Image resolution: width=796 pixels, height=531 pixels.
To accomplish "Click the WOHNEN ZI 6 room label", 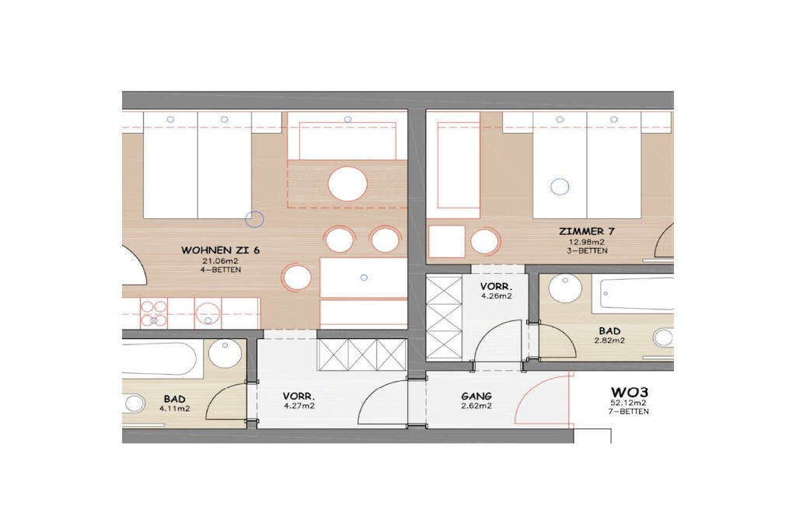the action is point(220,250).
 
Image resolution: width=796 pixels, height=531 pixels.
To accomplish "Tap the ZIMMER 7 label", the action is point(587,232).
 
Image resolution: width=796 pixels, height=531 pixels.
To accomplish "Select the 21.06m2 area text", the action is point(220,261).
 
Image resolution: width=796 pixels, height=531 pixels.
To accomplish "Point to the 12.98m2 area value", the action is point(587,242).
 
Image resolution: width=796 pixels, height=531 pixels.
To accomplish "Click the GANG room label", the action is point(477,396).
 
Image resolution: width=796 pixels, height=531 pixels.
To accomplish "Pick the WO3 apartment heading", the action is point(629,393).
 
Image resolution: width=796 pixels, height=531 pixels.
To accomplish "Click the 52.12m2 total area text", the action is point(629,403).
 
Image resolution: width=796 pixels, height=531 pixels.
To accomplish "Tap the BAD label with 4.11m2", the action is point(174,399).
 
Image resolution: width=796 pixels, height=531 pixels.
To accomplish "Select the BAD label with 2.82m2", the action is point(609,331).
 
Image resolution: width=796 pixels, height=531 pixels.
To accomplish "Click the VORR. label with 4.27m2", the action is point(298,396).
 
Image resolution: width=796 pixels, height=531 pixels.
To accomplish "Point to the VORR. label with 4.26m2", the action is point(496,287).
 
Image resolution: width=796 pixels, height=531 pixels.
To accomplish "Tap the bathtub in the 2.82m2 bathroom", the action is point(637,293).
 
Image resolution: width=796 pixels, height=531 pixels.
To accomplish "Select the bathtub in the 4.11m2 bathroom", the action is point(159,358).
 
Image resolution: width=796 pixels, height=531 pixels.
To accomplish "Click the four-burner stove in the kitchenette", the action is point(154,313).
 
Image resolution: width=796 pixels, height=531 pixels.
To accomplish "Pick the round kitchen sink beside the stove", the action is point(208,313).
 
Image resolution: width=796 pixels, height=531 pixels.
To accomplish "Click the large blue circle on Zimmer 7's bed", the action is point(560,187).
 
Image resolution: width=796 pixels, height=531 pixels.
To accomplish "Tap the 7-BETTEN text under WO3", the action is point(629,412).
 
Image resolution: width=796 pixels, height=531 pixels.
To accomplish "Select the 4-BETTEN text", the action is point(220,270).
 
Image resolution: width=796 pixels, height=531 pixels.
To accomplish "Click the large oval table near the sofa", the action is point(347,183).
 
